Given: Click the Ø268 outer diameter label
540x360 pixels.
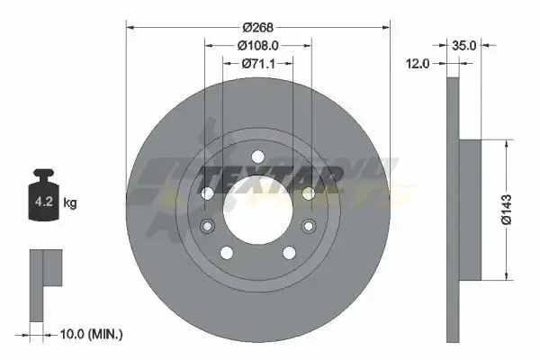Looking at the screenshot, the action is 258,27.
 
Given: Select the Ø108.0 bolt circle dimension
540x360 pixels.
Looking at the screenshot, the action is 258,45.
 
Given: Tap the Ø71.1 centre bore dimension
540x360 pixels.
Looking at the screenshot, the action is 258,63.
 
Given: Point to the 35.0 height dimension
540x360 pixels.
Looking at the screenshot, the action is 463,45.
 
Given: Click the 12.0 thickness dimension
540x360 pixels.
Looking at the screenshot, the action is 418,63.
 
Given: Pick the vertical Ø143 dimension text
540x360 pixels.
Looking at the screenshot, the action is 507,210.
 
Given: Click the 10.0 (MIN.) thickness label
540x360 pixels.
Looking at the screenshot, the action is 91,334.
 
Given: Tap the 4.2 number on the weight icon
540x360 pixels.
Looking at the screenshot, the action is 44,201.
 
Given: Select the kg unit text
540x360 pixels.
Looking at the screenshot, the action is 70,202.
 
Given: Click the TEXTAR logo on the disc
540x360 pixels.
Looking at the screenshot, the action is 270,179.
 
